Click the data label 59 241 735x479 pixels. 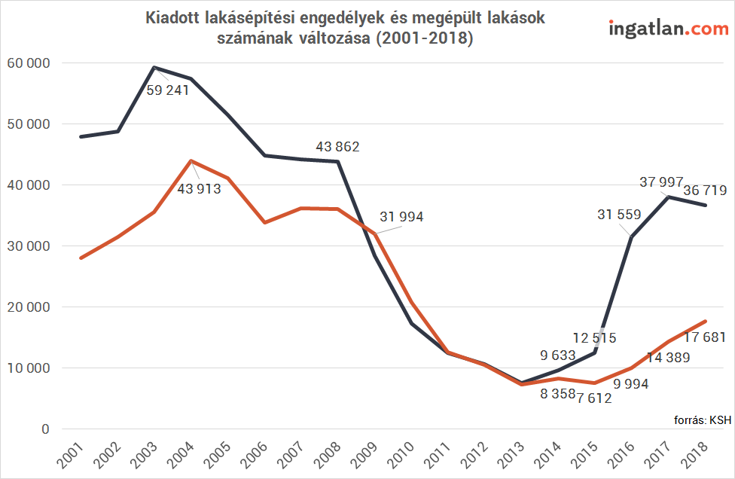[x=168, y=90]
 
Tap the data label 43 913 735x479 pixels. [x=199, y=188]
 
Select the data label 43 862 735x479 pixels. [x=337, y=147]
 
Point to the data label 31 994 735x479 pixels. [x=401, y=217]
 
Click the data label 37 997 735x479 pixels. [x=661, y=182]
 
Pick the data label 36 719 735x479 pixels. [x=705, y=191]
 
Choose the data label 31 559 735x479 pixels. [x=619, y=215]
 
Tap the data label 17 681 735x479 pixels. [x=705, y=337]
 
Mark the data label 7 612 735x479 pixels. [x=594, y=398]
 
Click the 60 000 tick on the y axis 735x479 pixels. [x=29, y=63]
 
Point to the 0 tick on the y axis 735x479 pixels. [x=45, y=429]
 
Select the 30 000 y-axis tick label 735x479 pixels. [x=29, y=246]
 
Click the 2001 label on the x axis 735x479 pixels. [x=70, y=455]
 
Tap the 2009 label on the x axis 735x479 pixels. [x=364, y=455]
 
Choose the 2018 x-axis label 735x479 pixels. [x=694, y=455]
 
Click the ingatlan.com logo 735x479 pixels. [x=669, y=28]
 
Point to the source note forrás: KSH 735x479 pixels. [x=702, y=420]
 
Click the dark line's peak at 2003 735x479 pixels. [x=154, y=68]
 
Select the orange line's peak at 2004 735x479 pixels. [x=191, y=160]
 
